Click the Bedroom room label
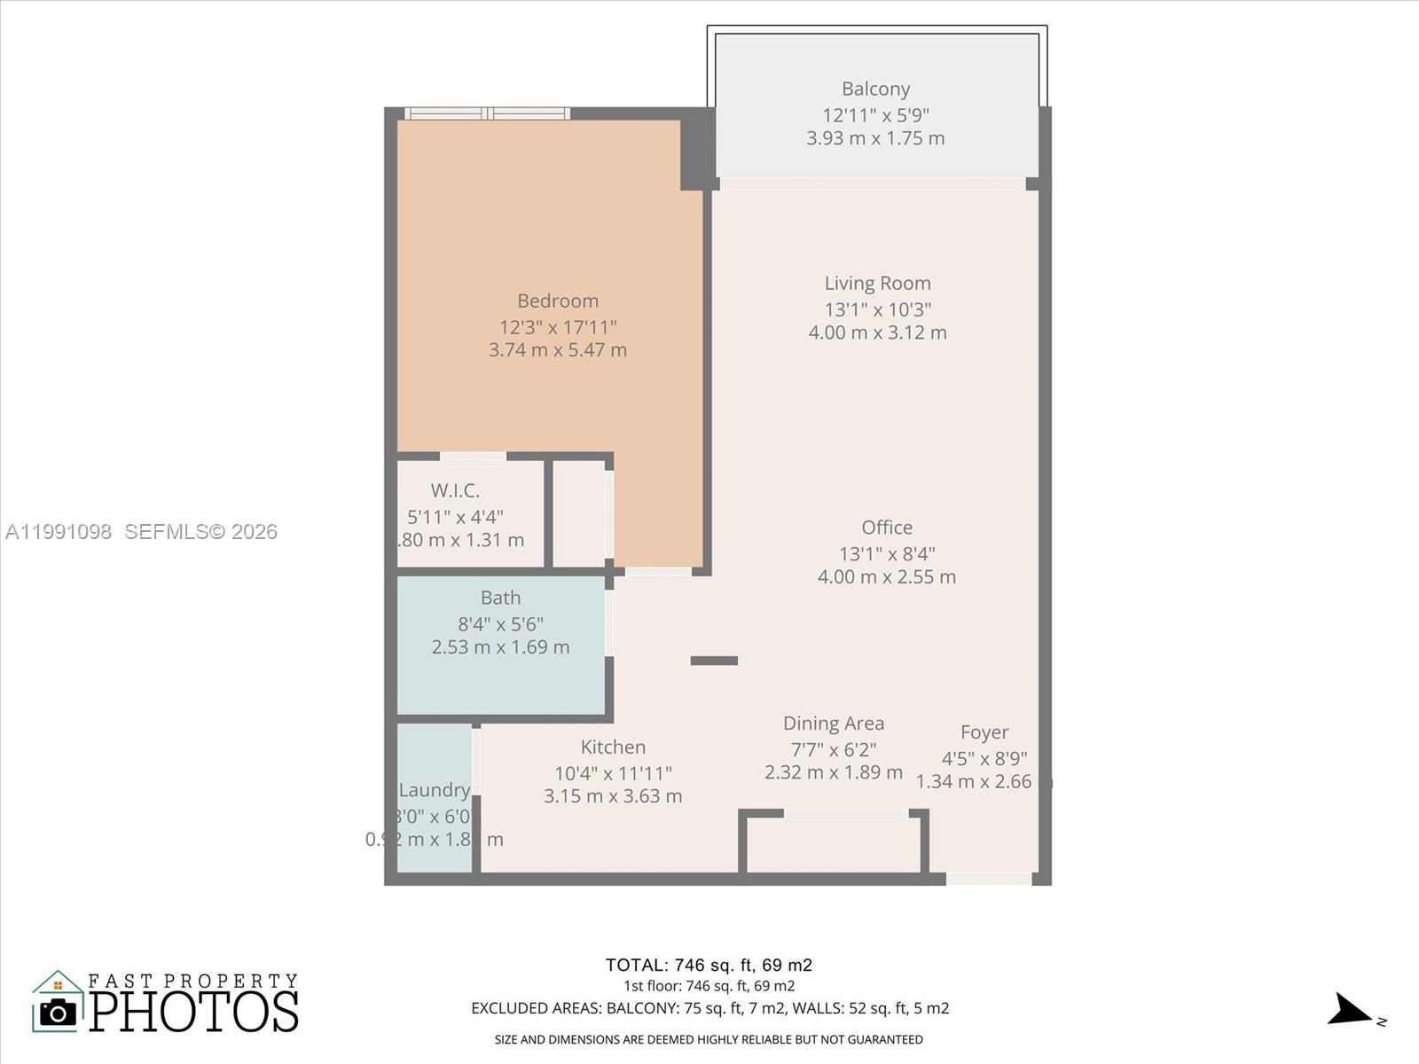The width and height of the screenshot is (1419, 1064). click(x=558, y=301)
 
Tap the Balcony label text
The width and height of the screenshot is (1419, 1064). click(x=875, y=89)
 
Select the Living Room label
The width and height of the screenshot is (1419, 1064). click(x=877, y=283)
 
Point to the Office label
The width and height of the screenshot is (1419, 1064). click(x=886, y=528)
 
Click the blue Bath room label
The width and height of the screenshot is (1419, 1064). click(x=500, y=598)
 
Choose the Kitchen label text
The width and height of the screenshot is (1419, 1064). click(x=613, y=747)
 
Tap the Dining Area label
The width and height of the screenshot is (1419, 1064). click(x=833, y=724)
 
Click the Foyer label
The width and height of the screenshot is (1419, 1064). click(x=984, y=732)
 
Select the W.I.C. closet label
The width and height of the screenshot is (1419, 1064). click(x=455, y=490)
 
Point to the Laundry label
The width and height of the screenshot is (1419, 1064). click(x=434, y=790)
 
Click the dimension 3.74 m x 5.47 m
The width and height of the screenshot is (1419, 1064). click(x=558, y=350)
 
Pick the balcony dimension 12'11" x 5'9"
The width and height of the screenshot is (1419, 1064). click(x=875, y=115)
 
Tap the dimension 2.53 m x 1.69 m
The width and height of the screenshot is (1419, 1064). click(x=500, y=647)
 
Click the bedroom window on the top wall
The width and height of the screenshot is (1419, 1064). click(x=487, y=113)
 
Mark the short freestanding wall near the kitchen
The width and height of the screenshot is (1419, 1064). click(x=714, y=661)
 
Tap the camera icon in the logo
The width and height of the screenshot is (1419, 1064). click(x=59, y=1012)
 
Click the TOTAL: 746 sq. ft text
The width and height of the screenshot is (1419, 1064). click(x=709, y=965)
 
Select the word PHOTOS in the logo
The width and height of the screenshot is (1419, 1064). click(x=193, y=1011)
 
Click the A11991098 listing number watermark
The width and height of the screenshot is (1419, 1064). click(x=59, y=531)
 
